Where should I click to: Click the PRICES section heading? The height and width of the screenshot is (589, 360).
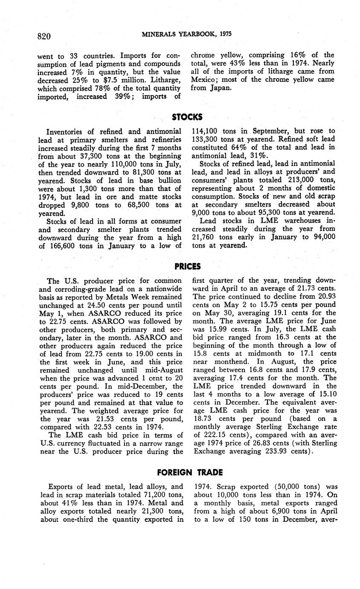pos(188,266)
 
